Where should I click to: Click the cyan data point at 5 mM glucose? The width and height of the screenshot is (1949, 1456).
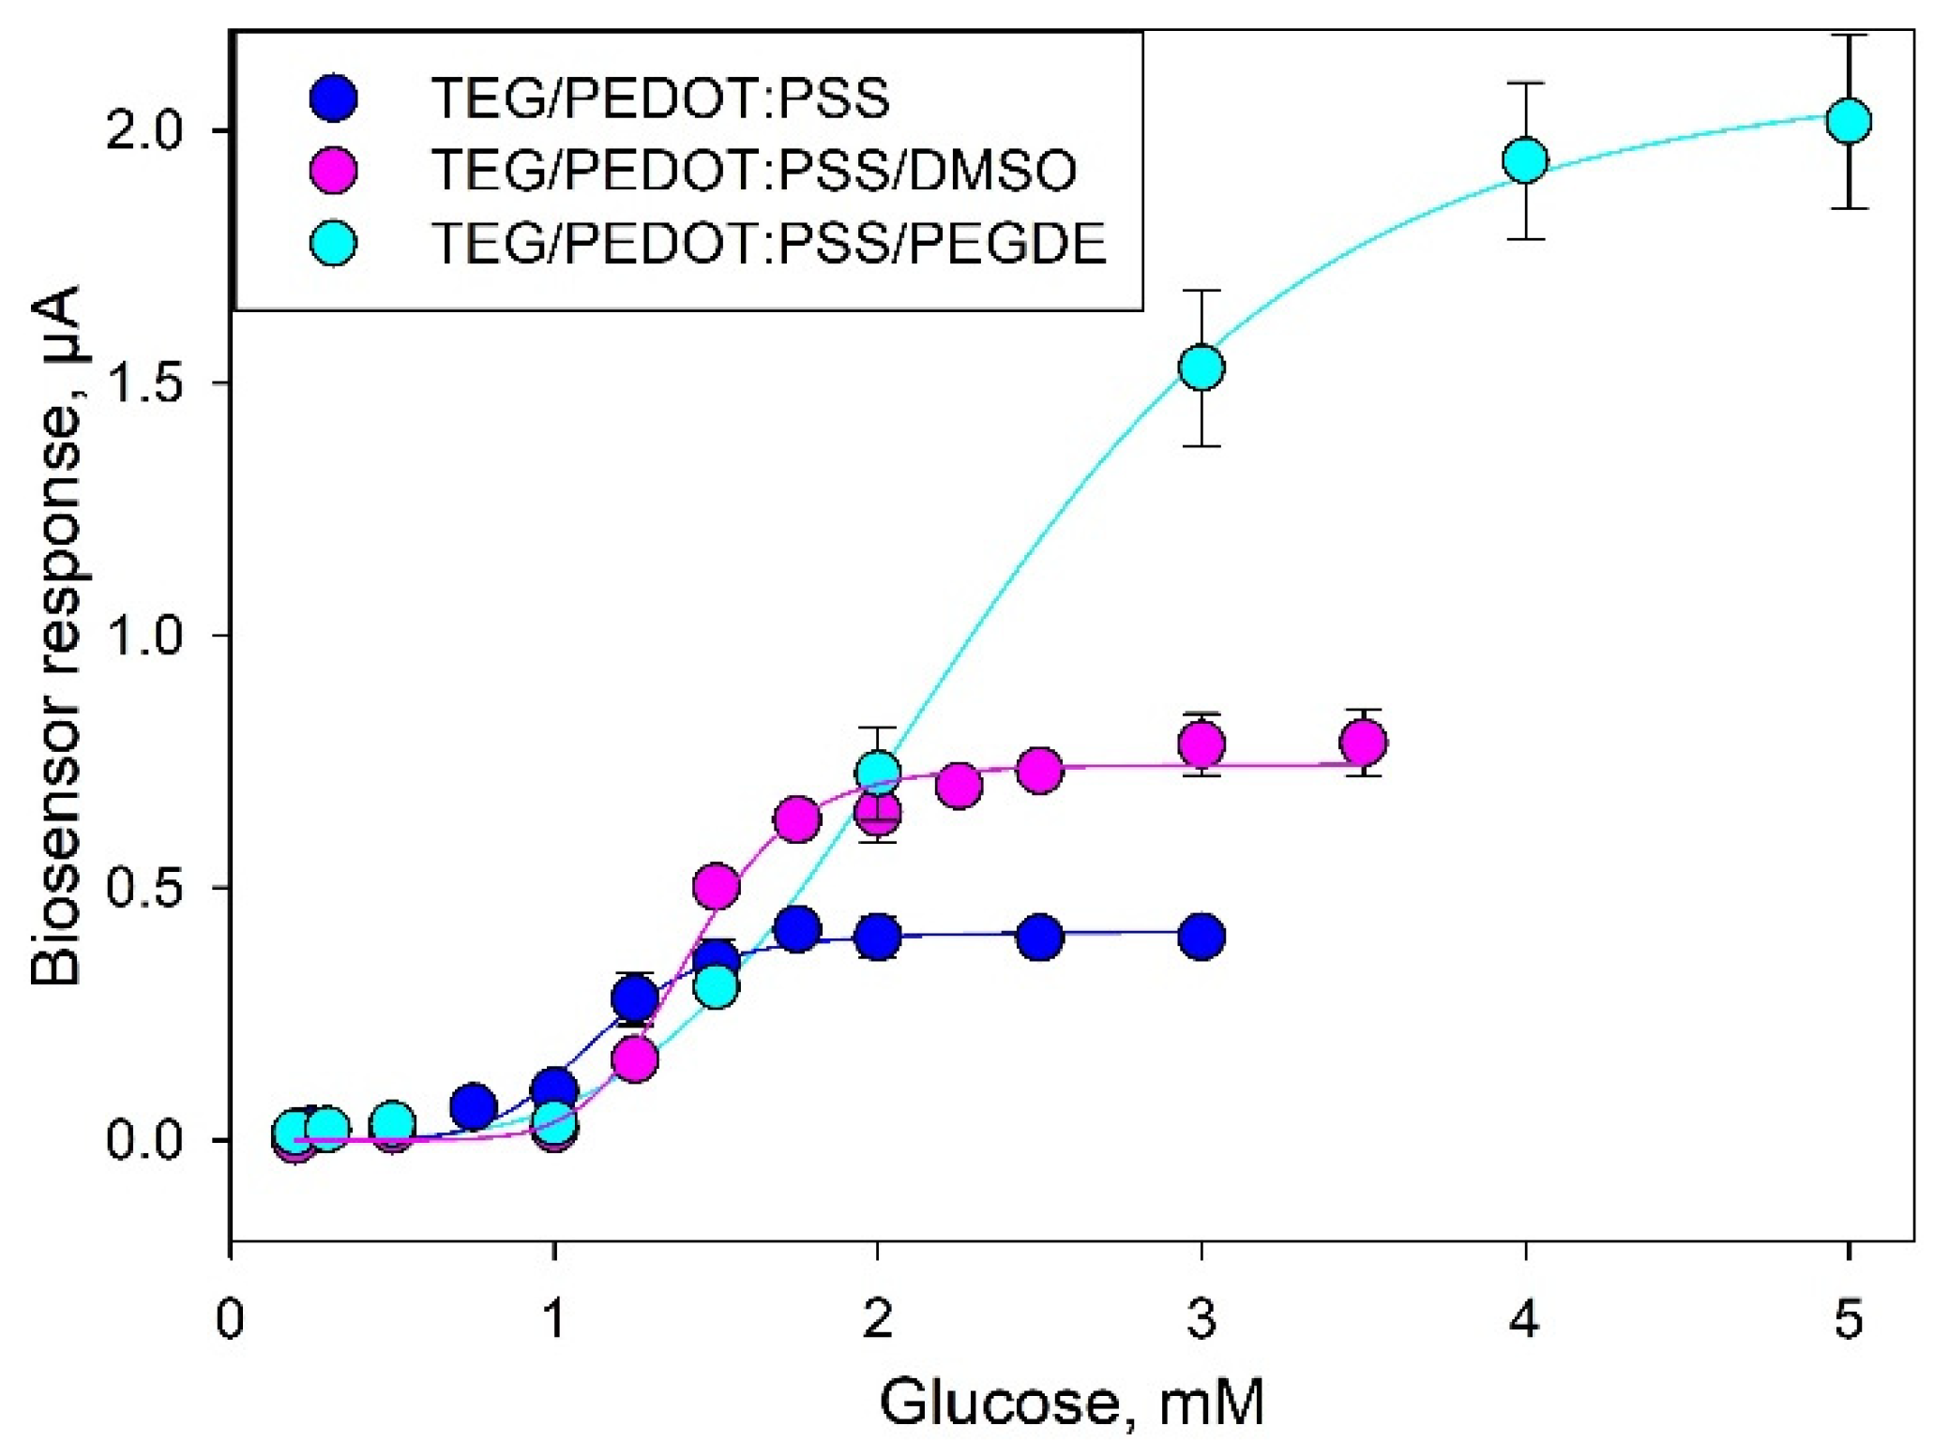pos(1848,121)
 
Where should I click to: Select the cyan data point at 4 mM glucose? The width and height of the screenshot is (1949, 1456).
pos(1525,160)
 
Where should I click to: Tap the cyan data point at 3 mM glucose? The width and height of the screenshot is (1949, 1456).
pos(1201,367)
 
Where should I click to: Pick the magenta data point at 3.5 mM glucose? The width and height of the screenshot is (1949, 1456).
pos(1364,743)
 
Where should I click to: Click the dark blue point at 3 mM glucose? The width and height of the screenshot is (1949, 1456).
pos(1201,936)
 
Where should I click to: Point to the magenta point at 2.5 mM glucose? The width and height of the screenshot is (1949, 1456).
pos(1039,771)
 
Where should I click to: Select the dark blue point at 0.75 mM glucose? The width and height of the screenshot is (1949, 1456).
pos(474,1107)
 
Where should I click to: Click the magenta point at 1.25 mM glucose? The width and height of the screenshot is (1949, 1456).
pos(635,1059)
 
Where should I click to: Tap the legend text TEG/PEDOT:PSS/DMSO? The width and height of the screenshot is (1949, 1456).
pos(753,171)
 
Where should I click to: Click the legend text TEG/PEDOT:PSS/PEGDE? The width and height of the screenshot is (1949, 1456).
pos(768,244)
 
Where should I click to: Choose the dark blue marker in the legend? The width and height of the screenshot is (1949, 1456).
pos(333,98)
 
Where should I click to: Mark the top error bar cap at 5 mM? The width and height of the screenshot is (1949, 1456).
pos(1848,36)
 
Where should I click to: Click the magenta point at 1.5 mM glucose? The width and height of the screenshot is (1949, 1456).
pos(717,885)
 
